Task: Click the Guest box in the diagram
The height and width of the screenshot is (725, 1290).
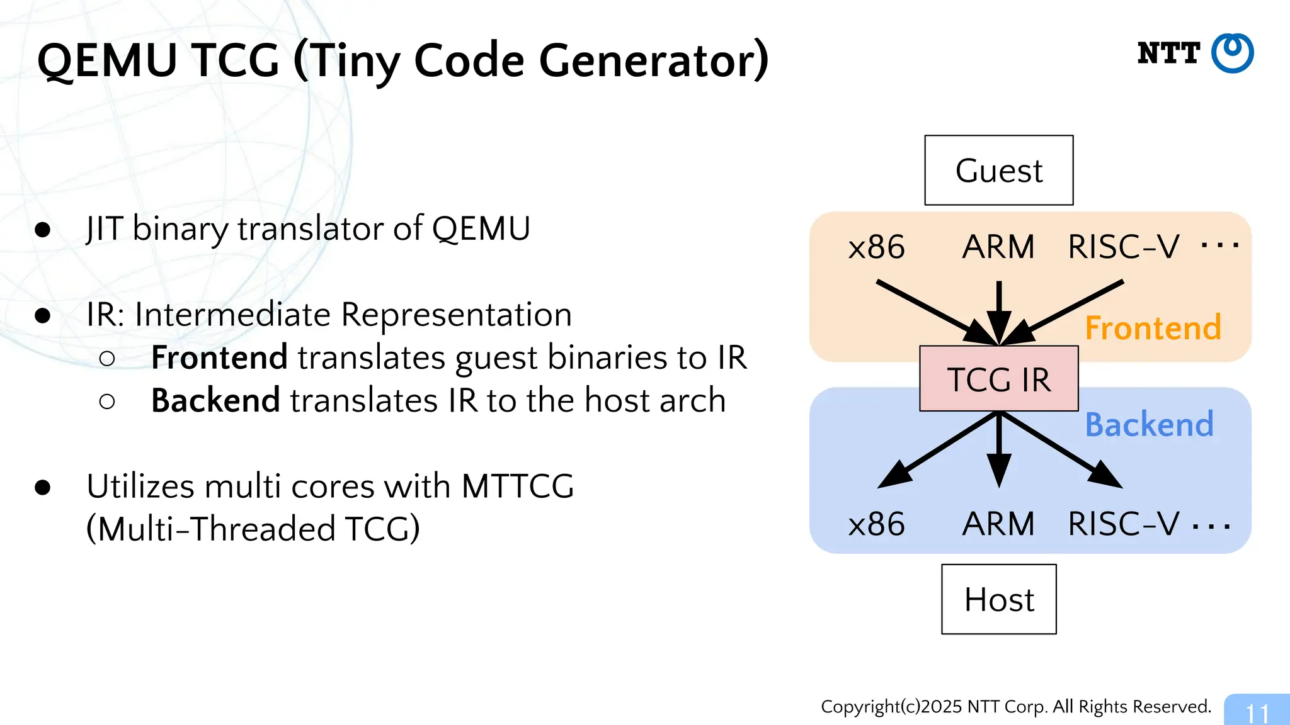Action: point(998,171)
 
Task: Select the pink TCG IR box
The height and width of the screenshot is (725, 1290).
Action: point(998,379)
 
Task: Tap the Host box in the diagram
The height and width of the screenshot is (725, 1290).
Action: point(998,599)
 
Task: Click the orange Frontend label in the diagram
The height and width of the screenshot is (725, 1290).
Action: point(1153,328)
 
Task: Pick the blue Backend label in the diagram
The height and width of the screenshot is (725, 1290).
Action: point(1149,424)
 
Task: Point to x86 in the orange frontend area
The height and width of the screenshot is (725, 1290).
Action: point(876,247)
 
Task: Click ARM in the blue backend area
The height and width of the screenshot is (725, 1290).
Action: point(998,524)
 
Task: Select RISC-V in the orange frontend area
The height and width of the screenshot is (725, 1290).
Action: point(1123,247)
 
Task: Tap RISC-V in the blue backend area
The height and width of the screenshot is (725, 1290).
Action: point(1123,524)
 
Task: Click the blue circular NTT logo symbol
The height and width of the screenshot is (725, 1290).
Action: point(1232,53)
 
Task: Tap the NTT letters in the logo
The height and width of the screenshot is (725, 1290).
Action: point(1168,53)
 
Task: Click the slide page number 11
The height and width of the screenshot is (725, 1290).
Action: point(1257,713)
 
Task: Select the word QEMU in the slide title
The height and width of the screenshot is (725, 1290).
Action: point(107,61)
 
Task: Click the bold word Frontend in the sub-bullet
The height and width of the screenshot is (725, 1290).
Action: point(219,357)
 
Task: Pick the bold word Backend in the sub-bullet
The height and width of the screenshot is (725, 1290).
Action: point(215,400)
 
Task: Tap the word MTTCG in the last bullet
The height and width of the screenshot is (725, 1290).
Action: point(517,486)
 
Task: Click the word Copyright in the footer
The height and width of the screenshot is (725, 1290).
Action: point(860,707)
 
